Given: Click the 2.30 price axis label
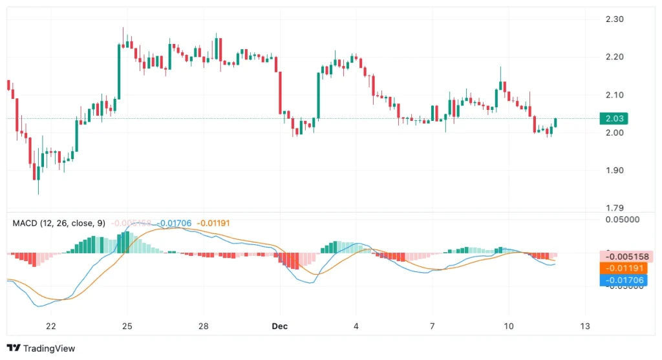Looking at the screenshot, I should click(x=614, y=19).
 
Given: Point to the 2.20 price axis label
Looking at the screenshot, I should click(x=614, y=57).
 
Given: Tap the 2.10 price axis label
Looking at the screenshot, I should click(x=614, y=95).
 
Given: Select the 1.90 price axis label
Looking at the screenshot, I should click(x=614, y=171).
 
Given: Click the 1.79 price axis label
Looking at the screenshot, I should click(x=614, y=208).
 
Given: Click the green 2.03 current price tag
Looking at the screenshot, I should click(x=615, y=118).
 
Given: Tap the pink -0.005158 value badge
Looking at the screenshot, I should click(x=623, y=256).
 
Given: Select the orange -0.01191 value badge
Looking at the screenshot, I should click(x=623, y=268).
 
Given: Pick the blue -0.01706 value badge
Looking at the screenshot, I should click(x=623, y=280).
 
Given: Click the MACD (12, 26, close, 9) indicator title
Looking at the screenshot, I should click(x=59, y=223).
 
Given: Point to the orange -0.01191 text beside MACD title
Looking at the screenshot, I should click(x=213, y=223).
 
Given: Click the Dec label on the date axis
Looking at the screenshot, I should click(x=280, y=326).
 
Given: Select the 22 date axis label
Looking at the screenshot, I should click(x=51, y=326).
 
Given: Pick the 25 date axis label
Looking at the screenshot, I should click(x=127, y=326).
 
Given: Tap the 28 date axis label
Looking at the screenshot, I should click(x=203, y=326).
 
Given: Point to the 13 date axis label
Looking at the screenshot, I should click(x=584, y=326).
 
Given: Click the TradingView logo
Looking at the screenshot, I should click(x=41, y=348).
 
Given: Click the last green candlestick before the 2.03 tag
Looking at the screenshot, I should click(x=556, y=123).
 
